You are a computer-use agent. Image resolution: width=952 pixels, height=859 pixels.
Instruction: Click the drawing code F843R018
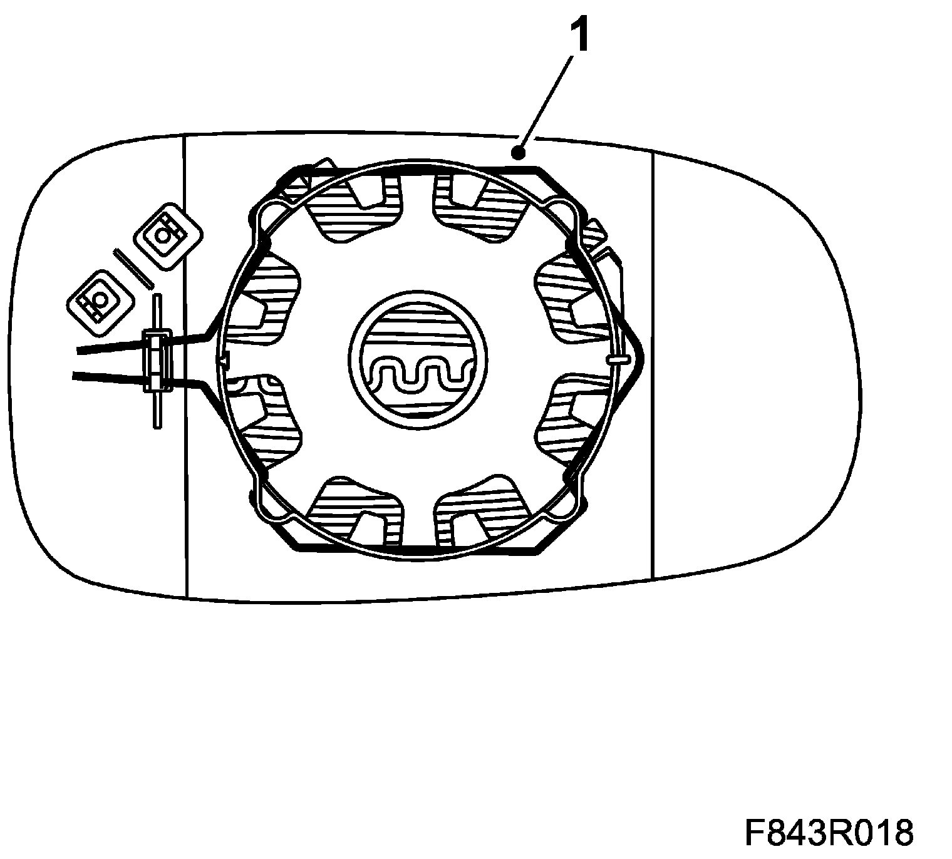click(x=829, y=833)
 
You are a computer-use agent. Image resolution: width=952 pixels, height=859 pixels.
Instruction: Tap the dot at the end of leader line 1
click(x=518, y=152)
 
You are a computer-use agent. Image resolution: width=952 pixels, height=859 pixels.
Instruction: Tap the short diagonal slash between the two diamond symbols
click(x=133, y=268)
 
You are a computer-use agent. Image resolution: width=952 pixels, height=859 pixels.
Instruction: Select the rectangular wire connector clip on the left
click(x=157, y=362)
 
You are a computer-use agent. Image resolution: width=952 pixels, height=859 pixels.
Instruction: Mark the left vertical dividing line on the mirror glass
click(x=187, y=363)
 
